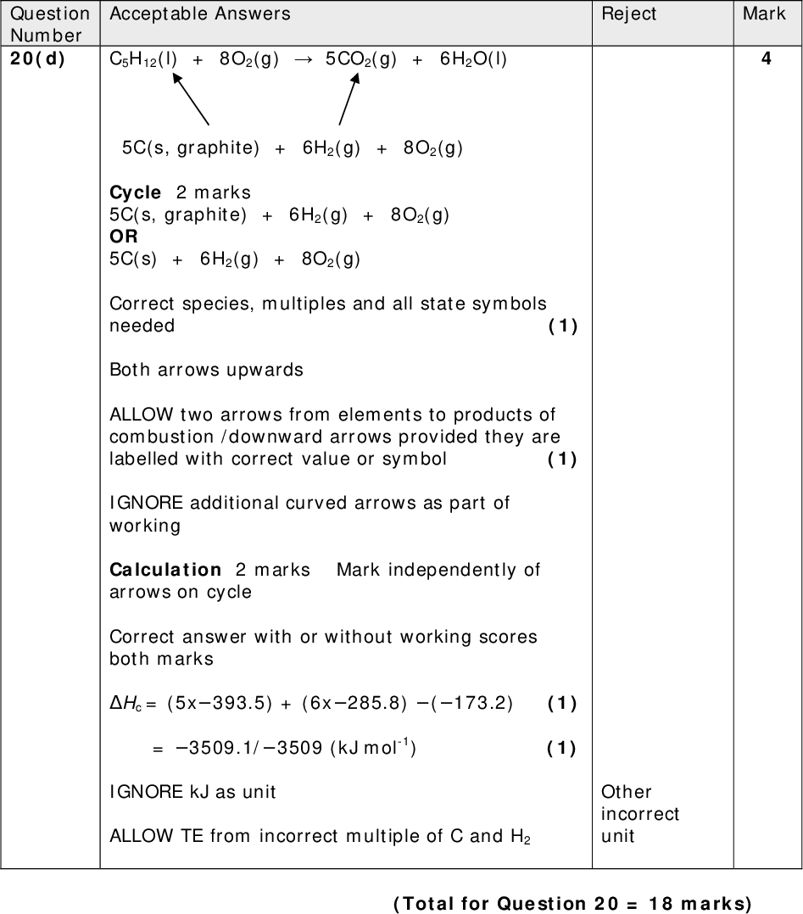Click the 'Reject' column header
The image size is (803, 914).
coord(628,14)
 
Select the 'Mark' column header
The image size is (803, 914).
coord(764,14)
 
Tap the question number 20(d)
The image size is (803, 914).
coord(38,60)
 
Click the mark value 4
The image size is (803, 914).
coord(767,60)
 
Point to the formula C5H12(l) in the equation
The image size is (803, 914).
coord(143,60)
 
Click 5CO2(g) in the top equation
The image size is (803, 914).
coord(360,60)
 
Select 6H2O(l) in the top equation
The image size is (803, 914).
coord(473,60)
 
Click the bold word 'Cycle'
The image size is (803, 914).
coord(135,192)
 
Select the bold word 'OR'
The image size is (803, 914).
coord(124,237)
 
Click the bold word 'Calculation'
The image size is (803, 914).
coord(165,570)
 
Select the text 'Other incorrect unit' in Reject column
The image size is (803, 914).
coord(639,814)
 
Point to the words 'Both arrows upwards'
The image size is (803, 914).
coord(206,370)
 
